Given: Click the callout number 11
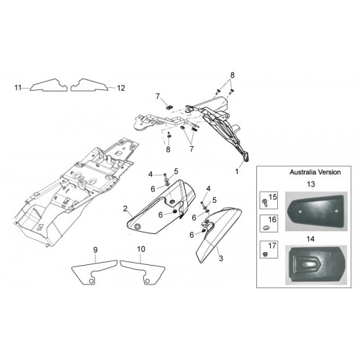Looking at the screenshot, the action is click(x=18, y=88).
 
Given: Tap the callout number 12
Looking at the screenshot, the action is click(x=121, y=88).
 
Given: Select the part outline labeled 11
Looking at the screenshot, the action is click(x=48, y=85).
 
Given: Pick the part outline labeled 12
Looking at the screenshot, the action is click(x=89, y=85).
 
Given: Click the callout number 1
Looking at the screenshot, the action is click(x=237, y=171).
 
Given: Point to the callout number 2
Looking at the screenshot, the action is click(x=125, y=209).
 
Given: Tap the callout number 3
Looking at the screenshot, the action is click(x=221, y=258).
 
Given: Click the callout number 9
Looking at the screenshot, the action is click(x=96, y=250).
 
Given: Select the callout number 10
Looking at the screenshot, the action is click(x=141, y=249).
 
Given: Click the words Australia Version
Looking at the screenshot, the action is click(x=315, y=172).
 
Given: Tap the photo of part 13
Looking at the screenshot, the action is click(x=316, y=212).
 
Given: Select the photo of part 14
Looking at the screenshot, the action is click(x=316, y=265).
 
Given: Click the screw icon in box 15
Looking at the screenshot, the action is click(x=265, y=203).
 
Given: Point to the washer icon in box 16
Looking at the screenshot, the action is click(x=266, y=227).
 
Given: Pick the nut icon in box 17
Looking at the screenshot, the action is click(x=265, y=254).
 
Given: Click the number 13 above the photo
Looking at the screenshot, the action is click(x=311, y=184).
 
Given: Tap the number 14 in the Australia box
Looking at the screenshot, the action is click(x=310, y=239).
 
